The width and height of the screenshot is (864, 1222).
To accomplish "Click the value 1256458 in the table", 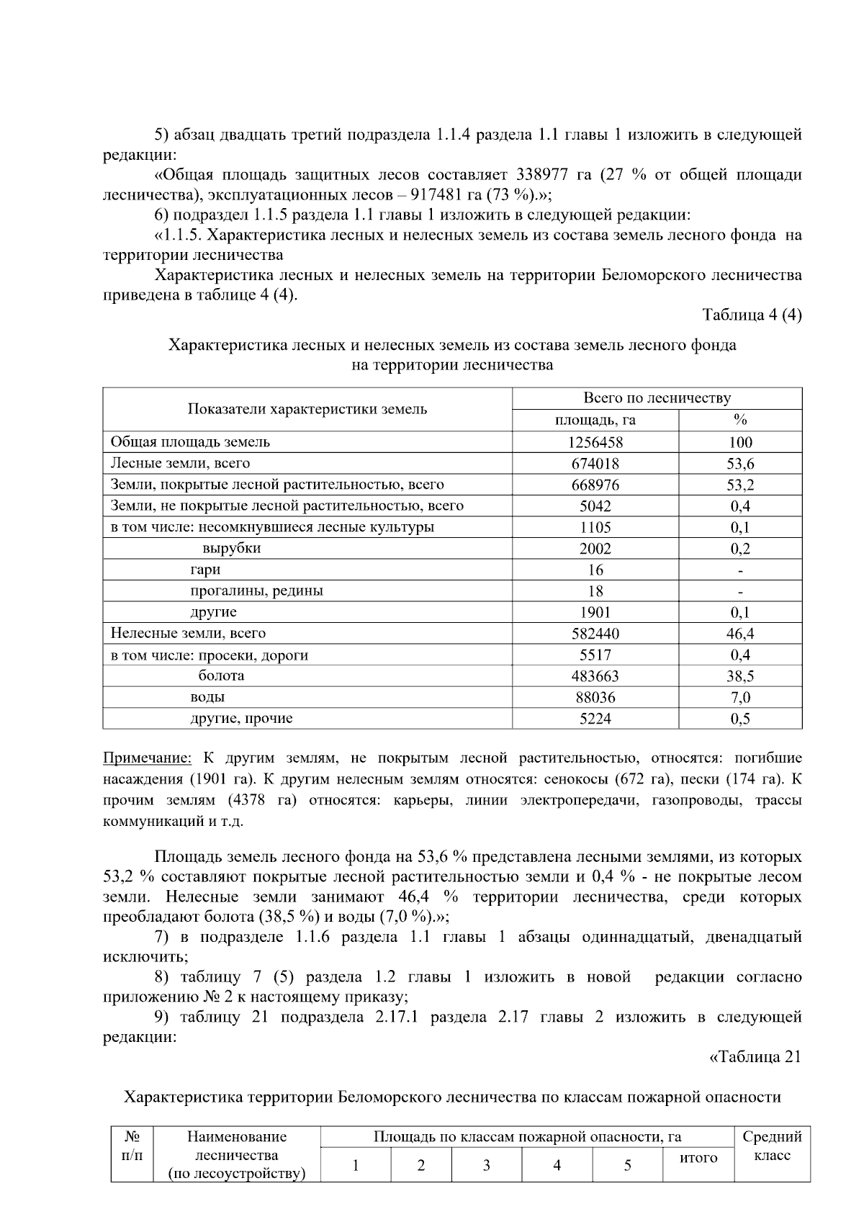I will coord(595,442).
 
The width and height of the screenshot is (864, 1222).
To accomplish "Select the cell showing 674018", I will coord(595,464).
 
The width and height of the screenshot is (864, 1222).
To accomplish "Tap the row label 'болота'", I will coord(221,675).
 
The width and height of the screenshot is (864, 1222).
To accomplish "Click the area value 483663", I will coord(595,676).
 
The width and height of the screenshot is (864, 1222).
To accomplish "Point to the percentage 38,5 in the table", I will coord(739,676).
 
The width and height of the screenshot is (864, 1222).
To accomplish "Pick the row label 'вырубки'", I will coord(231,548).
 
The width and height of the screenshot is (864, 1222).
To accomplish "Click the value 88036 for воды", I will coord(595,697).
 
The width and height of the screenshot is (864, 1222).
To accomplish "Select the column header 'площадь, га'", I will coord(595,421).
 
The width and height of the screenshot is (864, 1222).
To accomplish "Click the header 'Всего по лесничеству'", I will coord(656,398).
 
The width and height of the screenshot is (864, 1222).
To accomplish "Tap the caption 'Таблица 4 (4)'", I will coord(752,315).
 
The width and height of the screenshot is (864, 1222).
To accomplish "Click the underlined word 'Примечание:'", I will coord(148,758).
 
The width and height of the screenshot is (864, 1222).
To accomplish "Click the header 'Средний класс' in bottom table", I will coord(772,1146).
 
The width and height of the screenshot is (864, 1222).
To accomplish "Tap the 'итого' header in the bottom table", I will coord(698,1158).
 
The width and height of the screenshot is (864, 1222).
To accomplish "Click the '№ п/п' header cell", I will coord(132,1146).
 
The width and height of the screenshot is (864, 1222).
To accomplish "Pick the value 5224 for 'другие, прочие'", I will coord(595,719).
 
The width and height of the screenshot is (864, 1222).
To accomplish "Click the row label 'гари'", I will coord(205,570).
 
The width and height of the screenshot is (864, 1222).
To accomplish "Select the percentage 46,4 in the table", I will coord(739,634).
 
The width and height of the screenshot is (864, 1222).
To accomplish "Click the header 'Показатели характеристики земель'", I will coord(307,409).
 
